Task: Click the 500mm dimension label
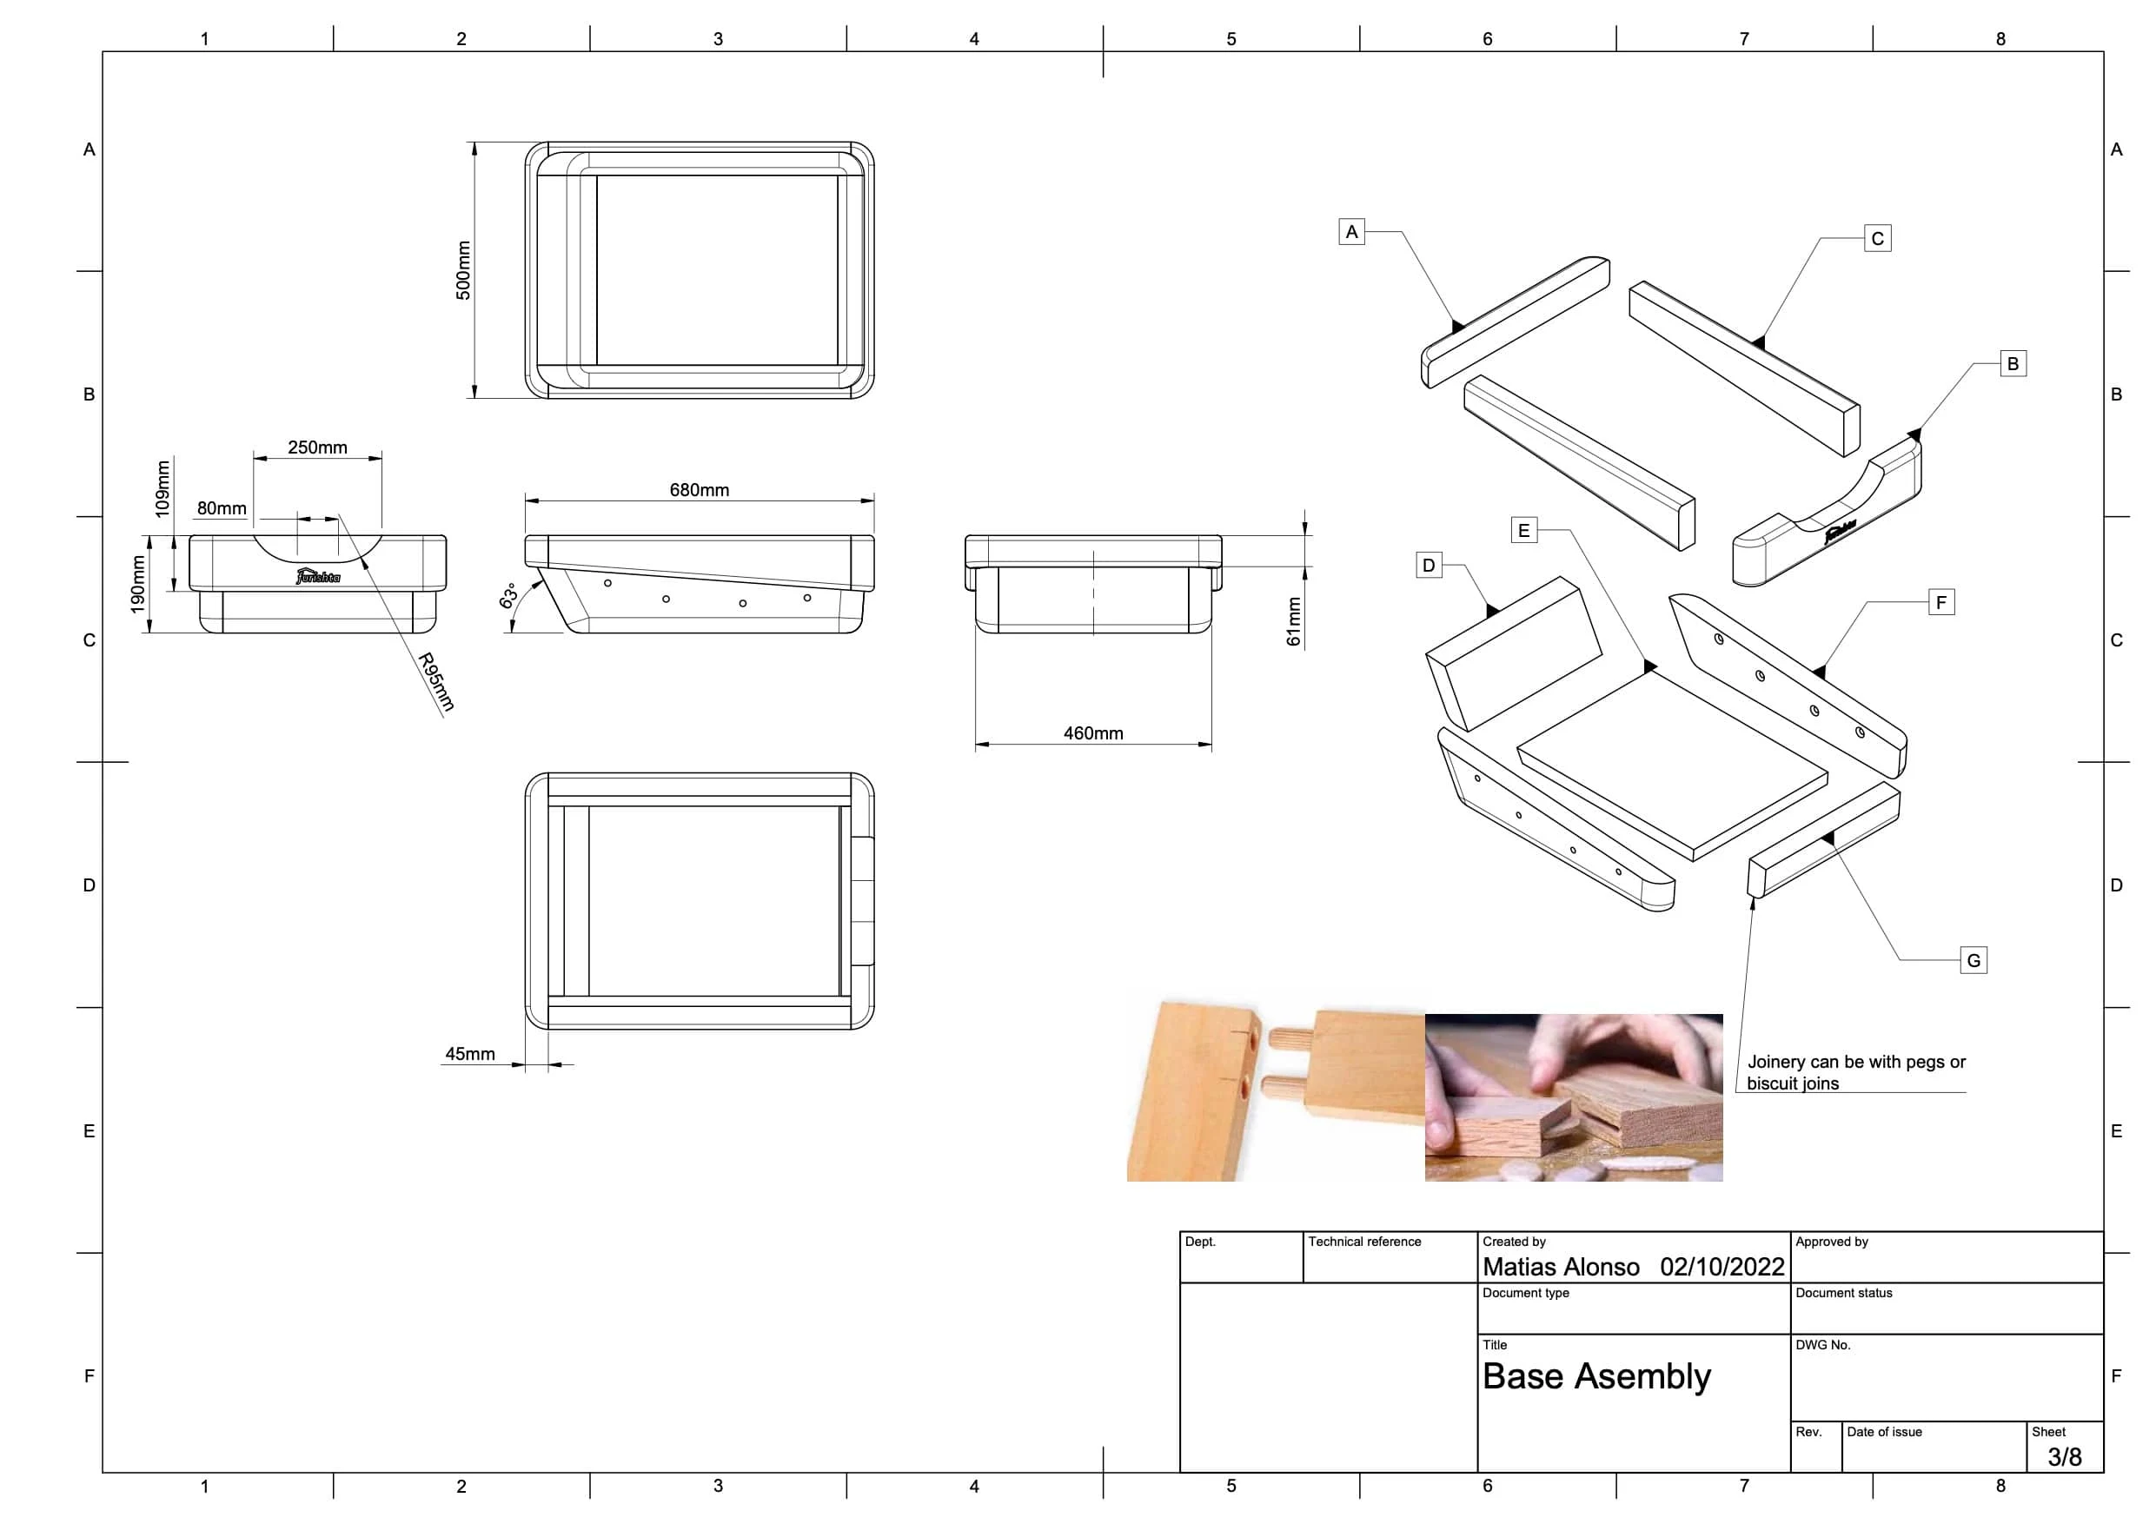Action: [463, 270]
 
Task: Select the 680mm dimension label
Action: [699, 490]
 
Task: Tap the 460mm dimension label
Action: [1093, 733]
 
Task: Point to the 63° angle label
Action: [508, 596]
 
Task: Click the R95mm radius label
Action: [436, 682]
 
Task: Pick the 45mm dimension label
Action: [469, 1054]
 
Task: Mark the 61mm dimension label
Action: [1294, 621]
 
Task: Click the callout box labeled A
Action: [1351, 232]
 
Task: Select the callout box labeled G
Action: [1974, 961]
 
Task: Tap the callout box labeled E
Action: [1524, 531]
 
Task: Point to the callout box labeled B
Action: [2013, 363]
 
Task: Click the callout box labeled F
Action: [1941, 602]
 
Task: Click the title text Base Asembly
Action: [1596, 1376]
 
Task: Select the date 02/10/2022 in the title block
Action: [1722, 1267]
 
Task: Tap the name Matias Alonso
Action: [1561, 1267]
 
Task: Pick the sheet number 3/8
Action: [2065, 1456]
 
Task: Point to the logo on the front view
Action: [318, 575]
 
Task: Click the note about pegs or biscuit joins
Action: [1855, 1072]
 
